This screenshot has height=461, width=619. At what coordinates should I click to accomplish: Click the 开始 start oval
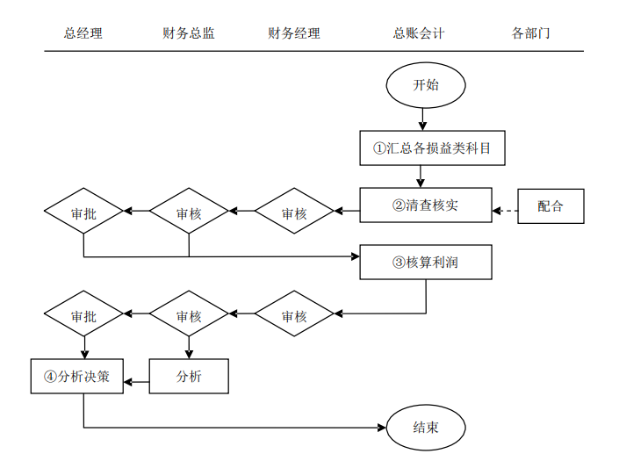tap(425, 85)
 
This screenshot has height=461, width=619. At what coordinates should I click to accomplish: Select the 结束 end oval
tap(425, 428)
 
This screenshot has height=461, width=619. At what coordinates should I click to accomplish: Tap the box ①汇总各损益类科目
tap(434, 148)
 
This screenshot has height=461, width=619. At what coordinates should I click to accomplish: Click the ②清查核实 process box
tap(425, 206)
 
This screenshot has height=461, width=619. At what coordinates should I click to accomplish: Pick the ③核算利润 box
tap(425, 262)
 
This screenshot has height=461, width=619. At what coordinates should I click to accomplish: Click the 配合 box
tap(551, 206)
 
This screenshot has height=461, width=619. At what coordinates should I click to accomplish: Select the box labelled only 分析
tap(189, 377)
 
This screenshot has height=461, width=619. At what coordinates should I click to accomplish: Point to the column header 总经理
tap(83, 33)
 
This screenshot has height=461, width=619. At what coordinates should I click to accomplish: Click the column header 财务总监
tap(189, 33)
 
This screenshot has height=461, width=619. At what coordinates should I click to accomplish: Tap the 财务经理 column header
tap(294, 33)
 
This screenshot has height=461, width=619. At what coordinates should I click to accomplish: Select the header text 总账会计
tap(419, 33)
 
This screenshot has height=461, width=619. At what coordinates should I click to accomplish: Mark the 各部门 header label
tap(531, 33)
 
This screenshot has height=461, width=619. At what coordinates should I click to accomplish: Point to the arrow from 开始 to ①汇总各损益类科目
tap(424, 118)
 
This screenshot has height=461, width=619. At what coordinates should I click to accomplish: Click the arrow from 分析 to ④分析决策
tap(136, 382)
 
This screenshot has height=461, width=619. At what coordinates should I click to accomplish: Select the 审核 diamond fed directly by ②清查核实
tap(294, 212)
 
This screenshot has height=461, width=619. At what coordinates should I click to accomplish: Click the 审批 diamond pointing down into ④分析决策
tap(83, 316)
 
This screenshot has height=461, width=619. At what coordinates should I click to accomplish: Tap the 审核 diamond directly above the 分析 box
tap(189, 316)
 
